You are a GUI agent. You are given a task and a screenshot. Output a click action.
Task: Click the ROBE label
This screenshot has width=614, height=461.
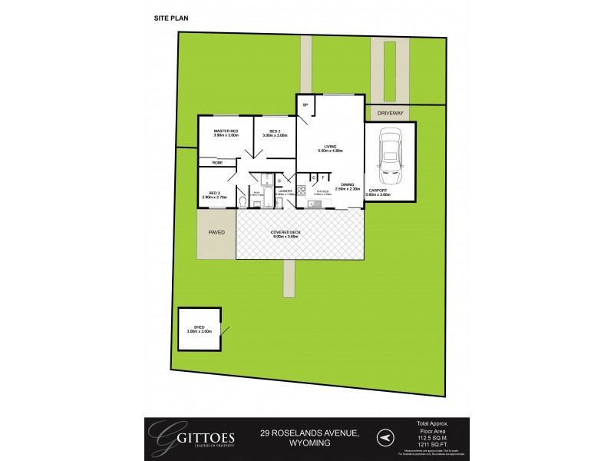[x=217, y=163]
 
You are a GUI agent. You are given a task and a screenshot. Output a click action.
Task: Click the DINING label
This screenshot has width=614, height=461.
[x=348, y=185]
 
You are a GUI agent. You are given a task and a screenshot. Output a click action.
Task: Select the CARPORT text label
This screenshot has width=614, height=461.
[x=379, y=190]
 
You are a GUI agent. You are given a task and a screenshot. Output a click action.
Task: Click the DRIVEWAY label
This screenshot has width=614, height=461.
[x=390, y=113]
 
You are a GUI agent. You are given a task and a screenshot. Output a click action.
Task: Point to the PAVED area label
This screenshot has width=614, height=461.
[x=216, y=230]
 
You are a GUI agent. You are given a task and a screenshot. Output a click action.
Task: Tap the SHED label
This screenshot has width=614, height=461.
[x=199, y=327]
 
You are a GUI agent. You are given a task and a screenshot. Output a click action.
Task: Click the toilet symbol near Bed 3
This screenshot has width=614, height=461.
[x=243, y=202]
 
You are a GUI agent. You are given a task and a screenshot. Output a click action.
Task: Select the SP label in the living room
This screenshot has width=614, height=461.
[x=305, y=104]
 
